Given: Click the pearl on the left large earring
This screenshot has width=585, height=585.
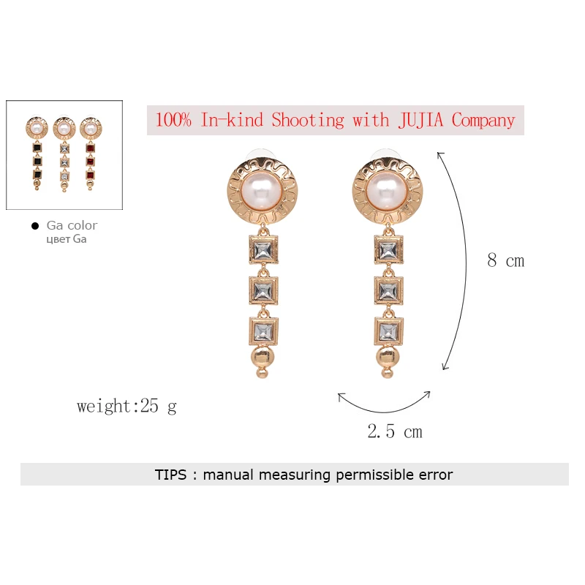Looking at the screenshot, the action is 263,192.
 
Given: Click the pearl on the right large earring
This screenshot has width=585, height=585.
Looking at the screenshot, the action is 388,192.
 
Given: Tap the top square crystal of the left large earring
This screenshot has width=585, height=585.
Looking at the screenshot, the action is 263,250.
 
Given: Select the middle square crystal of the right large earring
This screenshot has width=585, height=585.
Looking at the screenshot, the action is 388,290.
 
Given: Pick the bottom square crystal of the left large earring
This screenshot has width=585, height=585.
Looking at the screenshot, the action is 263,331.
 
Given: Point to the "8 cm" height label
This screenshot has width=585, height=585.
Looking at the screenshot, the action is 505,260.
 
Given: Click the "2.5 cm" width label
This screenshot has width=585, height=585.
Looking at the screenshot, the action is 395,431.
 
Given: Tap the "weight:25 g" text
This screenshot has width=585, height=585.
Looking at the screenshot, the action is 127,407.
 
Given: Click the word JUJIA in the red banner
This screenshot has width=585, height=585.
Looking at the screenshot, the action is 420,120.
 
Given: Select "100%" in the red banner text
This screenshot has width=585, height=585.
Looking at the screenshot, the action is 173,120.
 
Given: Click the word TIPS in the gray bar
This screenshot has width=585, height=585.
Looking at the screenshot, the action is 170,475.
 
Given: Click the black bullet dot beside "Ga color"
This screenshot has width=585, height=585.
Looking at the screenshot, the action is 35,226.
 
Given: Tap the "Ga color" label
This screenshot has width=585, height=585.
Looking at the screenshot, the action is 72,225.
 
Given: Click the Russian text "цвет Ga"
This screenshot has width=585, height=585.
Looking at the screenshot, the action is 67,239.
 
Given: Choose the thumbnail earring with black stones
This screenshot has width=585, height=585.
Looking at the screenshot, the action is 37,153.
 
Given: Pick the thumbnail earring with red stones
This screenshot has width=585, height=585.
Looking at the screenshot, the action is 91,153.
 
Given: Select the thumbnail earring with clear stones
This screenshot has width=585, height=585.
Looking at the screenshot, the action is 64,154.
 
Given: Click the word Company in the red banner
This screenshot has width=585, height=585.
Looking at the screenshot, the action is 483,121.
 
